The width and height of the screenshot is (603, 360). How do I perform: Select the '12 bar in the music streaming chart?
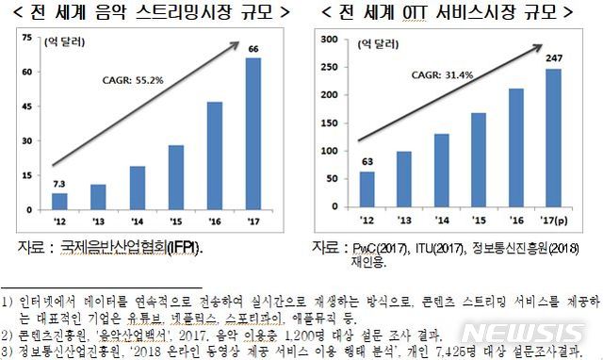click(x=60, y=202)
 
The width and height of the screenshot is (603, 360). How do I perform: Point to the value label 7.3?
click(x=58, y=183)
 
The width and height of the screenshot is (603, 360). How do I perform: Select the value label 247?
click(x=552, y=59)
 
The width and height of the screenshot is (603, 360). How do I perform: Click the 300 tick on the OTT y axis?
click(x=329, y=40)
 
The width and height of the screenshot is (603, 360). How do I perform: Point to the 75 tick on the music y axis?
click(x=25, y=38)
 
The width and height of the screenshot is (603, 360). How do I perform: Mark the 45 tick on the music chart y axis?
click(x=25, y=106)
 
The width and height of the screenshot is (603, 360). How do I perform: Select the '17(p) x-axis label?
click(x=557, y=220)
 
